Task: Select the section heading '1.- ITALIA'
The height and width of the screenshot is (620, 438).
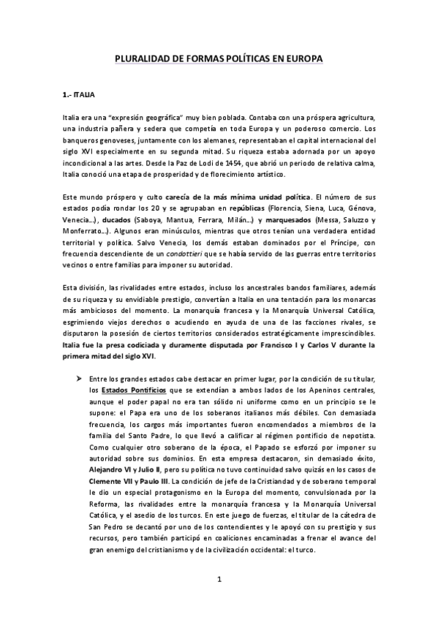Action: point(78,95)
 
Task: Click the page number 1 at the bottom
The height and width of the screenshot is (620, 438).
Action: point(219,581)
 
